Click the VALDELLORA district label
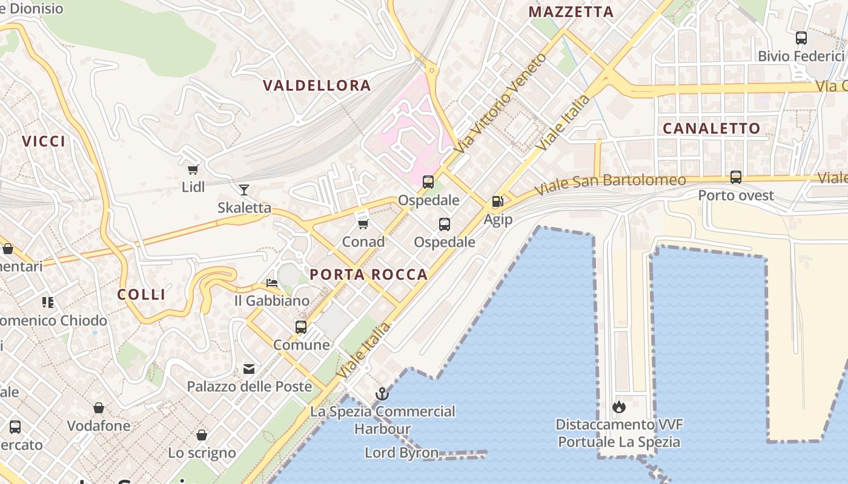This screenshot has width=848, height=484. point(317,85)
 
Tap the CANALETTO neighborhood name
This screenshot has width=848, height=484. point(711,128)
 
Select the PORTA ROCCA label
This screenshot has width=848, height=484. point(369,275)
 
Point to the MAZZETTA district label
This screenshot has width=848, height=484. point(571,11)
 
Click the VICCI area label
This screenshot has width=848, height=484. point(44,141)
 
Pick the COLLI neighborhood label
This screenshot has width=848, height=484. point(141,295)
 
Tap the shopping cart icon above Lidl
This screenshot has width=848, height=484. point(193,169)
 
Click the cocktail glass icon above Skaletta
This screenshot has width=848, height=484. point(244,190)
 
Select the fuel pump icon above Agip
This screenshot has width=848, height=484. point(498,201)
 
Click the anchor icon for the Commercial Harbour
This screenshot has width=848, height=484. point(382,394)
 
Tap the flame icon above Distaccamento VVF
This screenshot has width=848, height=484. point(618,407)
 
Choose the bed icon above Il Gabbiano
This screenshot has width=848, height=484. point(272,283)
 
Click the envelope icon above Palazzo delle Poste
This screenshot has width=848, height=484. point(249,368)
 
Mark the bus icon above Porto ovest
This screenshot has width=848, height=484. point(736,177)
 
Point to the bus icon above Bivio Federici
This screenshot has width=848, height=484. point(801,38)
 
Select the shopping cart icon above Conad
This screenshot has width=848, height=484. point(363,224)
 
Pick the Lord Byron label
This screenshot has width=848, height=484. point(402,453)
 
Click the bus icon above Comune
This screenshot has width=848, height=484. point(301,327)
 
